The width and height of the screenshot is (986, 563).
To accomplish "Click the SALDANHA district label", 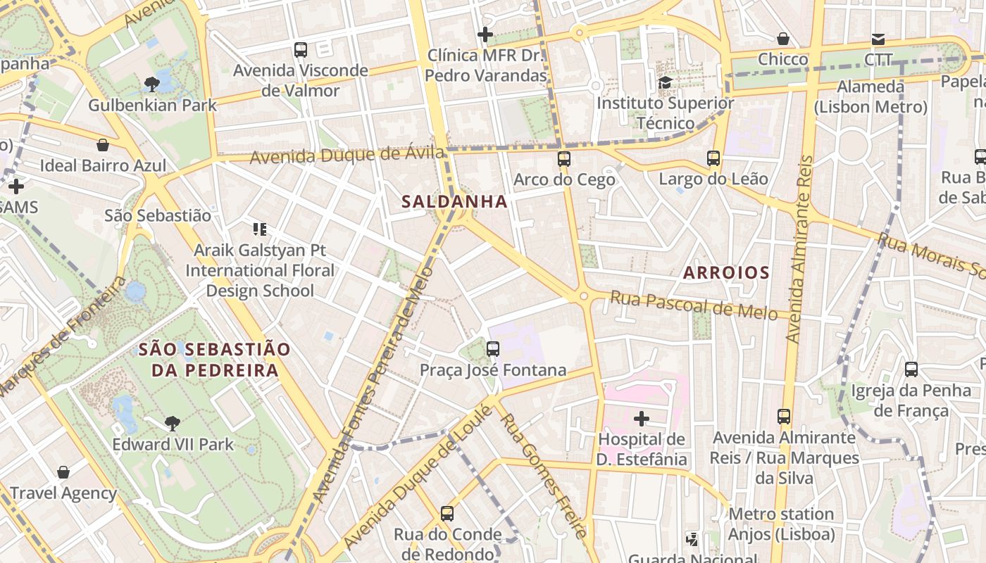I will (454, 201).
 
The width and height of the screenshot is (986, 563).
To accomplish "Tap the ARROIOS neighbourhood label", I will (725, 272).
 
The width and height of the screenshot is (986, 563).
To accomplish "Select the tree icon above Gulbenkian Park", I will (151, 85).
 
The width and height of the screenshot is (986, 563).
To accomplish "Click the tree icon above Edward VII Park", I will (172, 423).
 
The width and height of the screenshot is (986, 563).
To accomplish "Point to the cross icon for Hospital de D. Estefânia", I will (641, 419).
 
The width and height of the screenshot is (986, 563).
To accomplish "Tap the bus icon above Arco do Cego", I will (563, 159).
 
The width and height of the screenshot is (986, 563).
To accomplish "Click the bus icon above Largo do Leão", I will (713, 158).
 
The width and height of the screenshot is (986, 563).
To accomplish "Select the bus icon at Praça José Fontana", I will (493, 349).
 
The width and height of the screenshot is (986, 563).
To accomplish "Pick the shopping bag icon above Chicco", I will (783, 39).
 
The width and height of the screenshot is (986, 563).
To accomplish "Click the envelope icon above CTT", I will (878, 39).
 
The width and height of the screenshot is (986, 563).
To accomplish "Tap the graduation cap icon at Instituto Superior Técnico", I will (665, 83).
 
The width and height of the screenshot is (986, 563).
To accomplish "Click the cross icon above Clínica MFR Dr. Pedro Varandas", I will (485, 34).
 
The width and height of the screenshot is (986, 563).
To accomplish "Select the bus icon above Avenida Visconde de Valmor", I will (301, 50).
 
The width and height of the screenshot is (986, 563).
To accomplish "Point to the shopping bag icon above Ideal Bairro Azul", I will (103, 145).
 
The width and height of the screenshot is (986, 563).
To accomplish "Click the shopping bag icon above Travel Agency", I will (63, 472).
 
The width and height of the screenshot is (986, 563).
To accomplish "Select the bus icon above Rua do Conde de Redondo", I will (447, 514).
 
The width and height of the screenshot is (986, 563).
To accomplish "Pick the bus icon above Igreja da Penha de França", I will (911, 369).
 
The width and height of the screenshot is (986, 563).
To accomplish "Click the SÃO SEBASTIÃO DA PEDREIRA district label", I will (214, 360).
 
